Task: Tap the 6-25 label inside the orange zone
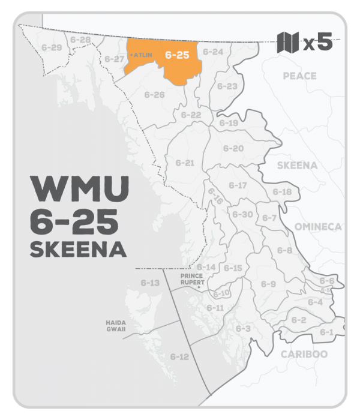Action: coord(177,55)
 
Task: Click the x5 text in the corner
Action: coord(318,43)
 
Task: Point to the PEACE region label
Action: coord(299,76)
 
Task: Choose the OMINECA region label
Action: coord(318,227)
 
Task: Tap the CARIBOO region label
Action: coord(304,354)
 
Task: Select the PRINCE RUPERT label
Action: coord(194,279)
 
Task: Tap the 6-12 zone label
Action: coord(179,357)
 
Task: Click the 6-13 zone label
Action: coord(150,283)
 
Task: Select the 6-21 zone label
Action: coord(185,163)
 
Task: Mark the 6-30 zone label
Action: coord(242,214)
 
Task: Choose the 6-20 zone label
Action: coord(233,148)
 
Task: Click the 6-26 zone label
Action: coord(155,95)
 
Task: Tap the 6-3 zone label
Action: coord(243,328)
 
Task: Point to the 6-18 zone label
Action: coord(282,192)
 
